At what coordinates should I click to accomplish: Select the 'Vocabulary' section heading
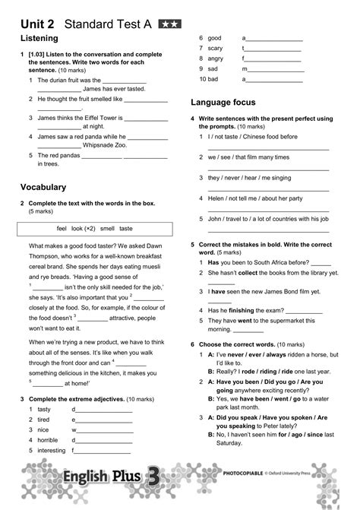43,186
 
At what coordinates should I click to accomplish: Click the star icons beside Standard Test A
169,24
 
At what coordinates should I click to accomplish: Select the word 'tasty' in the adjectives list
44,409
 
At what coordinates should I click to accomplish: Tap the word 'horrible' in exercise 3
47,439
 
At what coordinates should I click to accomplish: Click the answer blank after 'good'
273,37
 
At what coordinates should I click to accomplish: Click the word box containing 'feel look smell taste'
95,228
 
